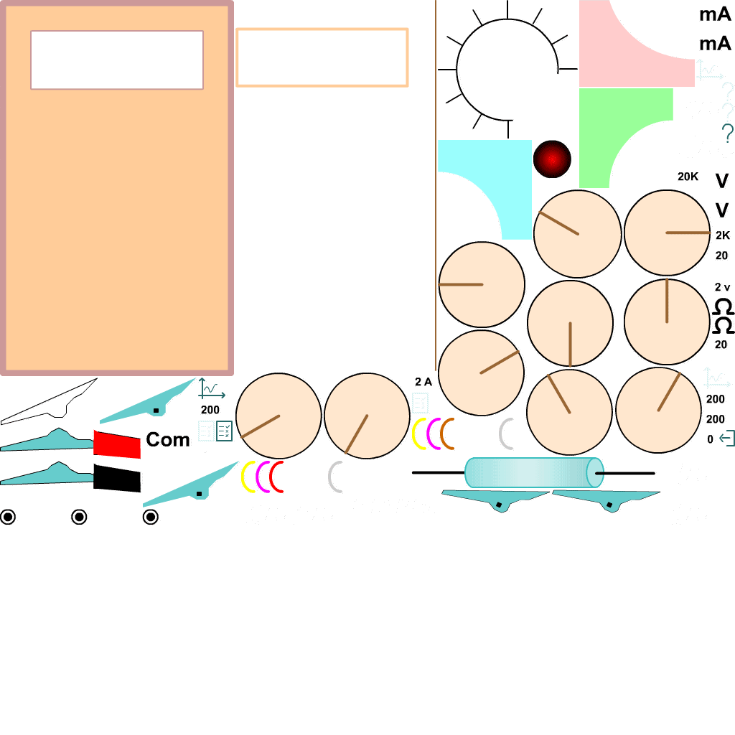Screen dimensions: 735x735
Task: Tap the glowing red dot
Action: tap(552, 159)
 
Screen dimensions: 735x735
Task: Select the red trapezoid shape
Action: tap(117, 444)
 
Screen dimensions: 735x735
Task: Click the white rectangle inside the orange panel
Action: tap(117, 60)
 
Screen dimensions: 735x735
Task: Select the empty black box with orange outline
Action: tap(322, 57)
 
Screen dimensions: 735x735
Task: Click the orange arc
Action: tap(447, 434)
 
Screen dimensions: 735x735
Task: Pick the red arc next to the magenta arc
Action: tap(276, 477)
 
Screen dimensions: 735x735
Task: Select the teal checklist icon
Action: tap(225, 431)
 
